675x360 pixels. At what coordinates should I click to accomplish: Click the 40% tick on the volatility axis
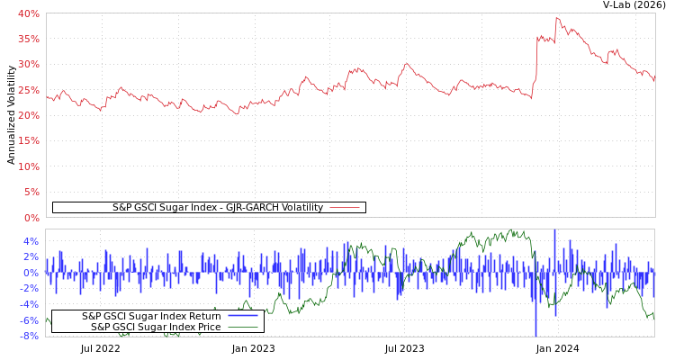pyautogui.click(x=29, y=13)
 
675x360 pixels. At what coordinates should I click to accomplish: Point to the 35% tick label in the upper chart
pyautogui.click(x=29, y=39)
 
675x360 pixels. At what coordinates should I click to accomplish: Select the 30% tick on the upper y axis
pyautogui.click(x=29, y=65)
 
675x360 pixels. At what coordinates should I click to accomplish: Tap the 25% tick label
pyautogui.click(x=29, y=90)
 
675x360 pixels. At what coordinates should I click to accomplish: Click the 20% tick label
pyautogui.click(x=29, y=115)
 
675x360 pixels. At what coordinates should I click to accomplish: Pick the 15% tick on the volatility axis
pyautogui.click(x=29, y=141)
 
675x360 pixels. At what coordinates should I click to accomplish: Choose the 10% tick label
pyautogui.click(x=29, y=166)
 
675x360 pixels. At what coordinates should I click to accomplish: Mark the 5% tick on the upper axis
pyautogui.click(x=31, y=192)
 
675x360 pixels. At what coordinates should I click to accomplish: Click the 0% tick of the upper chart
pyautogui.click(x=31, y=218)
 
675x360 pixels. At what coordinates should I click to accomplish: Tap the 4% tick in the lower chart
pyautogui.click(x=31, y=241)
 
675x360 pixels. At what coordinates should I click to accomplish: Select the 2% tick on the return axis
pyautogui.click(x=31, y=256)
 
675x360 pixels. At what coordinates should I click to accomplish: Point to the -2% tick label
pyautogui.click(x=30, y=288)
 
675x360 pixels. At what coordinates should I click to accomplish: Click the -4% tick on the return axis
pyautogui.click(x=30, y=304)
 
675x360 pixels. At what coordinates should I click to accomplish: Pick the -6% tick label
pyautogui.click(x=30, y=320)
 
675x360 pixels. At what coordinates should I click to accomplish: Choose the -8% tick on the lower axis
pyautogui.click(x=30, y=336)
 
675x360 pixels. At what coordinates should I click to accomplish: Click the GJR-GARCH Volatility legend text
pyautogui.click(x=217, y=207)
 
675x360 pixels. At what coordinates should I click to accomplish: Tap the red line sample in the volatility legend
pyautogui.click(x=345, y=208)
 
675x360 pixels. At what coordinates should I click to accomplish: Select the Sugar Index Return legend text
pyautogui.click(x=151, y=316)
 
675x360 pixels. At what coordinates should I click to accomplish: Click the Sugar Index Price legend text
pyautogui.click(x=156, y=327)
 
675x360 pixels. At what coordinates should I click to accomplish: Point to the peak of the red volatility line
pyautogui.click(x=556, y=18)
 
